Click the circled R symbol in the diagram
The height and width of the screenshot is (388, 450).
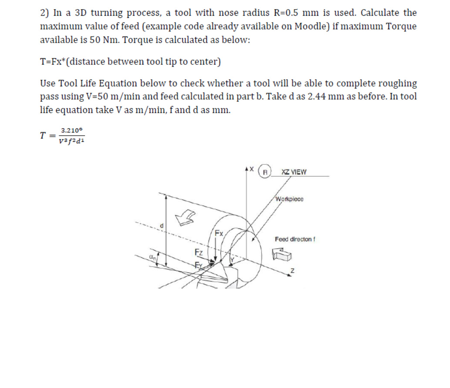point(264,171)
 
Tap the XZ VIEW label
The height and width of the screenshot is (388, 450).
point(294,171)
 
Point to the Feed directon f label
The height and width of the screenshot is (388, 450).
point(295,239)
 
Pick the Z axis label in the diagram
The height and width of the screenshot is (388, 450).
point(293,271)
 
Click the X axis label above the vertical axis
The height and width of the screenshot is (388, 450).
point(251,168)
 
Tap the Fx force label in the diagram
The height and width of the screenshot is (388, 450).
point(219,233)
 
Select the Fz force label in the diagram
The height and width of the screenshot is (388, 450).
point(198,251)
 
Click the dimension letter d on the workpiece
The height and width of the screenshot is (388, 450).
point(162,225)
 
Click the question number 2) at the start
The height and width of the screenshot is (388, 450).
point(44,13)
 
